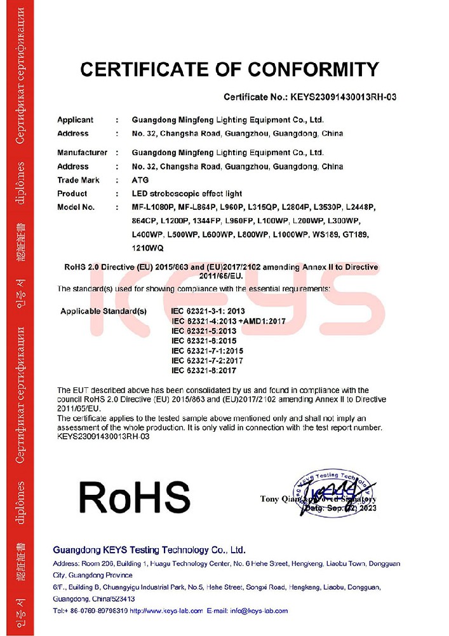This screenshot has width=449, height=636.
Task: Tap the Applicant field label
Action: [75, 120]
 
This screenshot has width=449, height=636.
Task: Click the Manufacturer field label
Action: [82, 153]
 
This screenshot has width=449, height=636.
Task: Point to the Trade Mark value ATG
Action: [140, 180]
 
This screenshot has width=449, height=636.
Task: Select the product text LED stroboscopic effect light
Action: [187, 193]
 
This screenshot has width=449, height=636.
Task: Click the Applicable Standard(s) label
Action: [104, 311]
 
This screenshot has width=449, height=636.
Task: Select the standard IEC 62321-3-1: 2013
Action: [208, 312]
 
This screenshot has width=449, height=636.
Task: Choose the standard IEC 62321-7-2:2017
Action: [208, 361]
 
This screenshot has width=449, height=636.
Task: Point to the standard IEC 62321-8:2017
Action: [203, 370]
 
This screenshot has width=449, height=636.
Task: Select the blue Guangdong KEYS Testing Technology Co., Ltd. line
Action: [149, 550]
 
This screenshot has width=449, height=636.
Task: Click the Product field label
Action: [72, 193]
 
